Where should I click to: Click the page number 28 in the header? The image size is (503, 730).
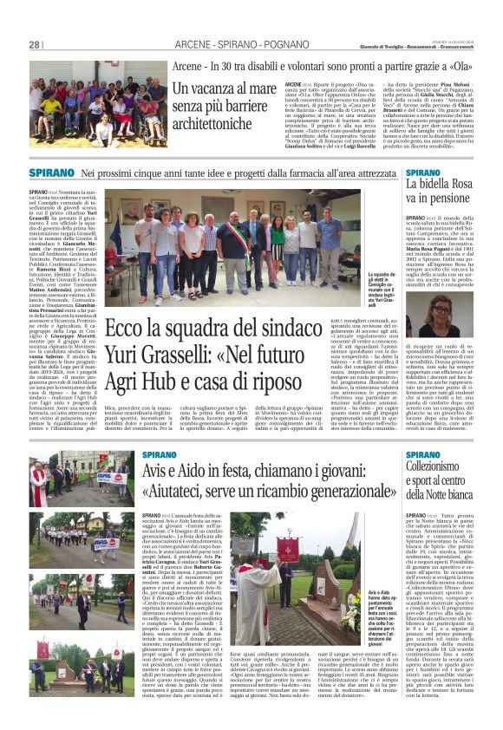(35, 45)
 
